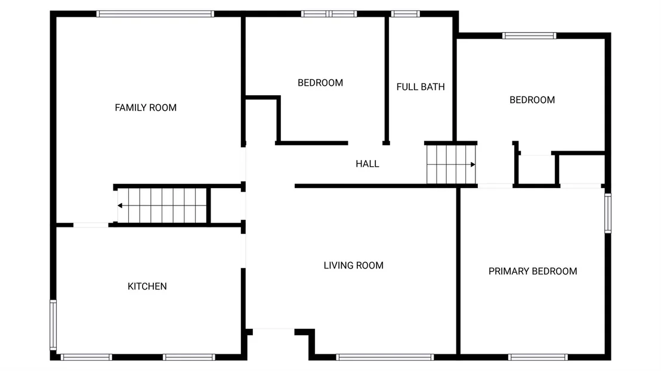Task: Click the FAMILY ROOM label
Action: click(146, 108)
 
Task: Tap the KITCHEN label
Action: click(147, 286)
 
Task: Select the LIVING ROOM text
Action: click(354, 266)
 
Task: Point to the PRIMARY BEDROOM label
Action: click(533, 272)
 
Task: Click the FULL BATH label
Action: click(421, 87)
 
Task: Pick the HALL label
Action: click(367, 164)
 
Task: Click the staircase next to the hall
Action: click(451, 164)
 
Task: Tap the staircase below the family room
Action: click(162, 205)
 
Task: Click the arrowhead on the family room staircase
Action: click(120, 205)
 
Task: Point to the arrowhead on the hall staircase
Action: click(473, 164)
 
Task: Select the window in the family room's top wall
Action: click(155, 14)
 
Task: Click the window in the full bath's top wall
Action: click(405, 14)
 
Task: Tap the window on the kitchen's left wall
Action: click(53, 325)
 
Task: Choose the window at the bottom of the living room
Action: click(385, 357)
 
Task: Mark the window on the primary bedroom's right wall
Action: click(608, 213)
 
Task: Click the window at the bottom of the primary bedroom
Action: click(538, 357)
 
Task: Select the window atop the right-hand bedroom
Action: click(529, 36)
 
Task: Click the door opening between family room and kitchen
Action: click(91, 225)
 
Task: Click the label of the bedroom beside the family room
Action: click(320, 83)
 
